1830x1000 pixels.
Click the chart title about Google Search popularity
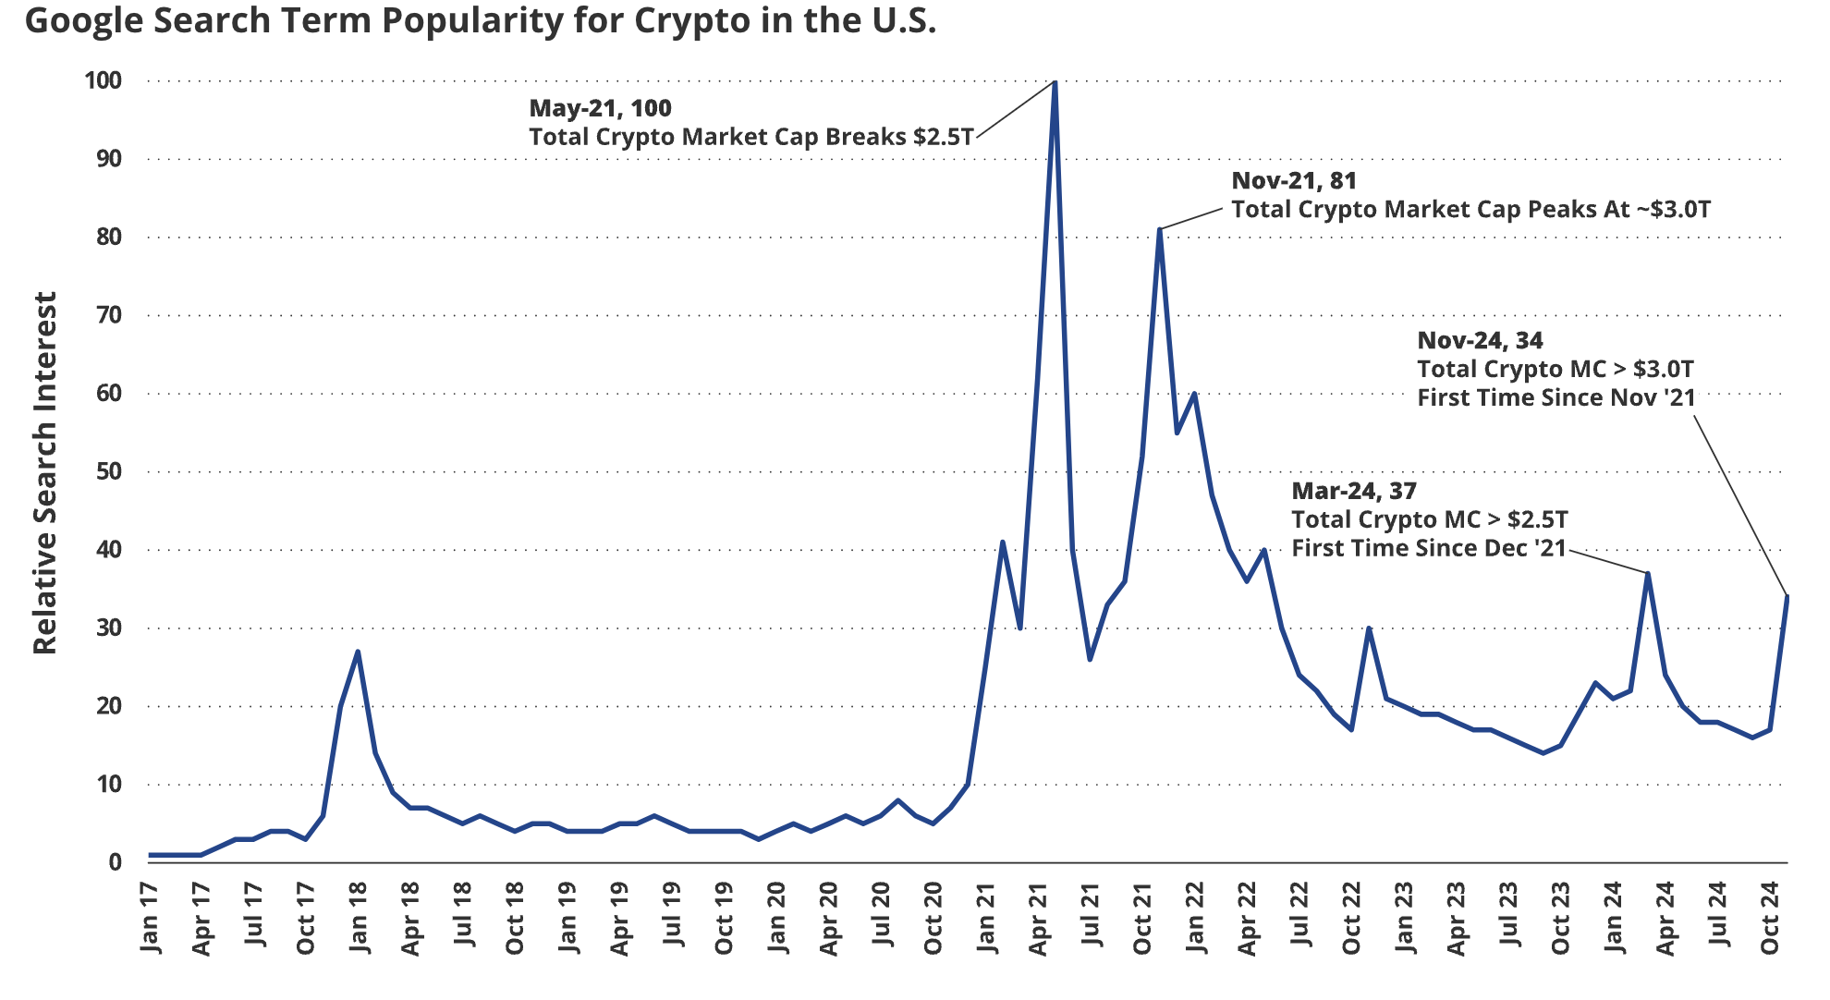(481, 20)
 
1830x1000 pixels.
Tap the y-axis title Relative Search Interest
(44, 473)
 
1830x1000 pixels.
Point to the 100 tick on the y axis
(103, 80)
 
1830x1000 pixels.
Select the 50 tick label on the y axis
(108, 471)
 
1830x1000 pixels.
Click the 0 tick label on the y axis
(115, 862)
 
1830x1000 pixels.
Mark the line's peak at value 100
(1055, 82)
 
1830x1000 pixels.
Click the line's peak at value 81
(1159, 229)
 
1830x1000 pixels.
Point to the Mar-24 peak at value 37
(1647, 574)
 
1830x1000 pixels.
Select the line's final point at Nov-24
(1787, 597)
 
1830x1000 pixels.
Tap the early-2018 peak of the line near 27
(358, 652)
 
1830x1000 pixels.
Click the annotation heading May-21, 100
(600, 108)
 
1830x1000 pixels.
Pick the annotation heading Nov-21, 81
(1294, 180)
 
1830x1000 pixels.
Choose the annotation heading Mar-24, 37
(1353, 491)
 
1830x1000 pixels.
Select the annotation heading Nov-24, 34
(1480, 340)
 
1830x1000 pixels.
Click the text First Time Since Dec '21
(1428, 548)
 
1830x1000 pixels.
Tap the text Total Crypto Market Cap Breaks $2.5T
(750, 137)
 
